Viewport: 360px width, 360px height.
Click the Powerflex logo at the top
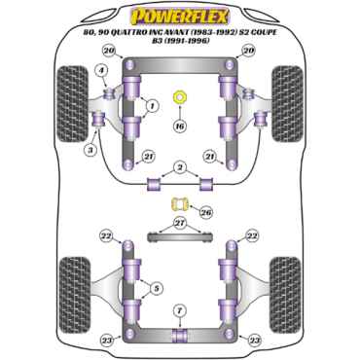179,17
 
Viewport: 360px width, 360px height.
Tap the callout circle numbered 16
180,126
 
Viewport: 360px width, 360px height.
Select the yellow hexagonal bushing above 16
180,97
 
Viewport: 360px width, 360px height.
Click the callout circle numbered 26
206,212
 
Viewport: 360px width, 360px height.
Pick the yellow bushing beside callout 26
179,204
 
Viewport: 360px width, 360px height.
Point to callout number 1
152,105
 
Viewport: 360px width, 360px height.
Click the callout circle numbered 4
102,70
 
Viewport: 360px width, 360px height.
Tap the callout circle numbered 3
90,150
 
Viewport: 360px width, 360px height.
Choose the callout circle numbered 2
179,167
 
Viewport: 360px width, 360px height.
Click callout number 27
180,223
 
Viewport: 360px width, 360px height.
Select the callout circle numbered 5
157,288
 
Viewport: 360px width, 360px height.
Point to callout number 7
180,311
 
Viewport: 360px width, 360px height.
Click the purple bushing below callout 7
180,337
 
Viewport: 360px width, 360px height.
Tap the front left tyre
72,104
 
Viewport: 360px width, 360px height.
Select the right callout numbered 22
252,236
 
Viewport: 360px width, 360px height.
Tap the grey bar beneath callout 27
179,237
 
